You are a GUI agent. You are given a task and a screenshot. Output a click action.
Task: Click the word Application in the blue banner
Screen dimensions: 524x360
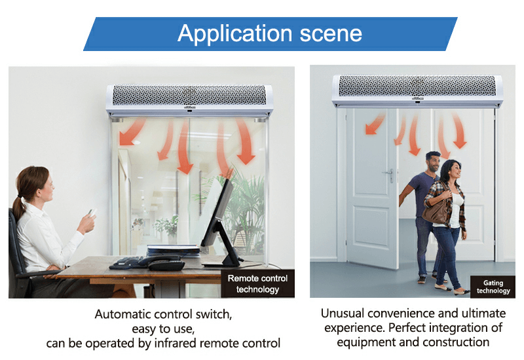click(x=235, y=34)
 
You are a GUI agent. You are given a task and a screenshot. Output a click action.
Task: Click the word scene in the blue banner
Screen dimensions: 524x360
click(x=331, y=34)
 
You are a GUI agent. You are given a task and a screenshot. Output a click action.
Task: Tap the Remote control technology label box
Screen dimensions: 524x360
click(x=257, y=284)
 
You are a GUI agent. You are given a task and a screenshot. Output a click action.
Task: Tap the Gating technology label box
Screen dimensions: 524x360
click(x=493, y=287)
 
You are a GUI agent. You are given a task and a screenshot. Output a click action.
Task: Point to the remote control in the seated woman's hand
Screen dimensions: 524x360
click(x=92, y=212)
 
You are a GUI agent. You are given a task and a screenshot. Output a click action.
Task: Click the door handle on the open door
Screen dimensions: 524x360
click(x=389, y=174)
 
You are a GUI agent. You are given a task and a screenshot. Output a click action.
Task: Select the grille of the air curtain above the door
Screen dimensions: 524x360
click(x=417, y=86)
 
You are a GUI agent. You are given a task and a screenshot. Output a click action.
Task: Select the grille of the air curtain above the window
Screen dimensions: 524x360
click(x=189, y=95)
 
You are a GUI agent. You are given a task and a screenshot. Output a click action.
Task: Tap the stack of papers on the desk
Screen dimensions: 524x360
click(x=174, y=250)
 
